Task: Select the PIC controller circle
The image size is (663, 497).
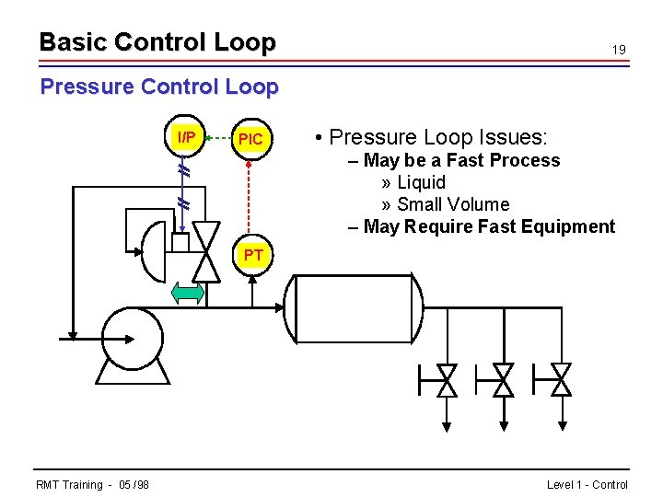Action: coord(250,139)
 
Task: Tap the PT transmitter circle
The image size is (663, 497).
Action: coord(253,255)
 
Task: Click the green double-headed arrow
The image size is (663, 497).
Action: coord(188,294)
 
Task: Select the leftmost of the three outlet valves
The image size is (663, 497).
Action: coord(447,379)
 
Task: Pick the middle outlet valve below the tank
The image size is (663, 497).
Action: coord(503,379)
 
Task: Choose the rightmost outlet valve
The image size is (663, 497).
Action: coord(560,379)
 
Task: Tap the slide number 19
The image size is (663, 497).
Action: coord(620,50)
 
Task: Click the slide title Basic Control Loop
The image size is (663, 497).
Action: coord(157,42)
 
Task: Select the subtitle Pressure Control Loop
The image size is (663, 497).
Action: coord(158,87)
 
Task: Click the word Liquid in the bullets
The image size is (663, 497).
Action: coord(421,182)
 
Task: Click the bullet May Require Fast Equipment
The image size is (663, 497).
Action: coord(488,226)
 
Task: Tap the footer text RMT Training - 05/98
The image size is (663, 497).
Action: coord(92,485)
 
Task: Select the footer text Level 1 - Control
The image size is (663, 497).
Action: coord(587,485)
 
